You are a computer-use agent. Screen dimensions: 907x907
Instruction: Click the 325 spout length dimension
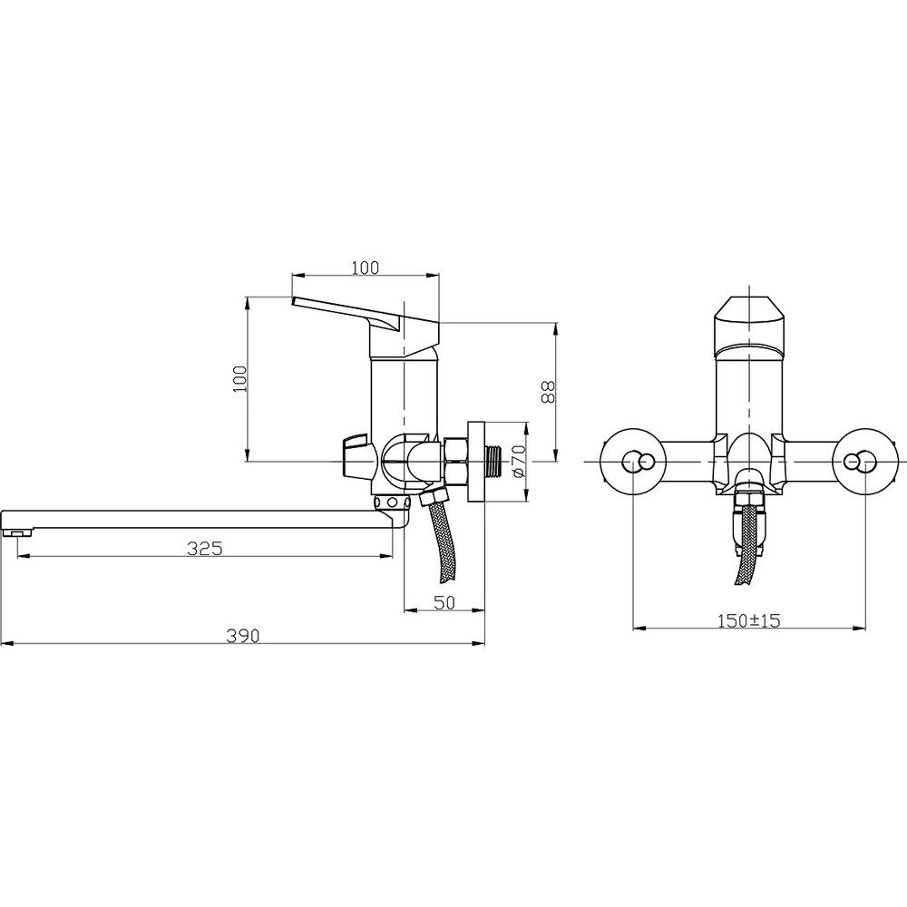[204, 548]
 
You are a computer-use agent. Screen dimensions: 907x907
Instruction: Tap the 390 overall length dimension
[243, 635]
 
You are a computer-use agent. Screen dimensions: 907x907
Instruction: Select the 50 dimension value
[444, 602]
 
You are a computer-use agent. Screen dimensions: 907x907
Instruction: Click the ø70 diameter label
[518, 461]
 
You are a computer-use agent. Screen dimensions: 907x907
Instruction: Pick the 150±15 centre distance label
[749, 620]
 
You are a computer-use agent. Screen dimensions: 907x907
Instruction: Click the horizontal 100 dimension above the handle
[366, 268]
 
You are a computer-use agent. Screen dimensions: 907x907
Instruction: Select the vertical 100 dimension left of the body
[240, 379]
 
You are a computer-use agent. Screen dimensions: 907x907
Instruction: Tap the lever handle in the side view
[366, 325]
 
